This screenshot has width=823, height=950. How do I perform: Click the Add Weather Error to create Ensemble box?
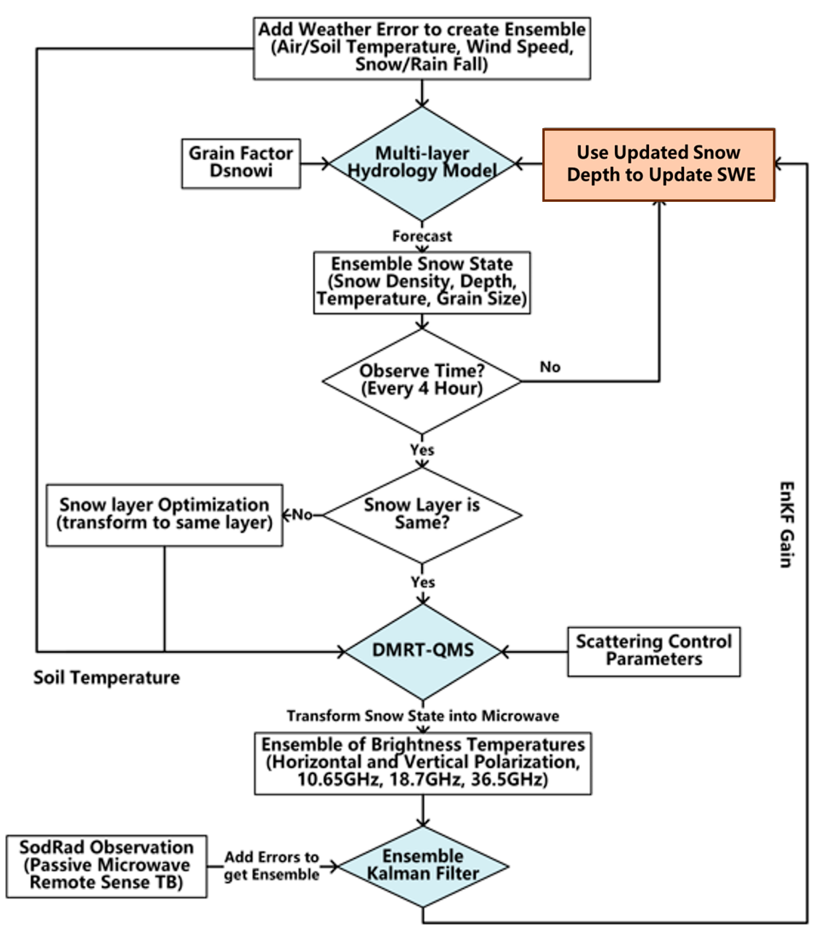point(421,48)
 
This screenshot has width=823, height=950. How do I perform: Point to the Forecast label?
point(421,236)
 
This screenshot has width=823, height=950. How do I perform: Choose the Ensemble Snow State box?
point(421,282)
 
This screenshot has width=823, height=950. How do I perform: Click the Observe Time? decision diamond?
point(421,381)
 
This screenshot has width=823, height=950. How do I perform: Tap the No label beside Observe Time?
point(550,367)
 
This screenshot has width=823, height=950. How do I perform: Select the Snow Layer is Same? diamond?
point(421,514)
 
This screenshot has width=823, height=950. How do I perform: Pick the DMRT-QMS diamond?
point(422,650)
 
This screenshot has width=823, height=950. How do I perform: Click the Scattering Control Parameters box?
point(653,651)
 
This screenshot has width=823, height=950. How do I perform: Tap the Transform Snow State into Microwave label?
point(422,715)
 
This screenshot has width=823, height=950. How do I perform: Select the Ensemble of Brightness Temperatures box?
point(422,763)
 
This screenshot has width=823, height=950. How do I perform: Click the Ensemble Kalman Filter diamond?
point(422,866)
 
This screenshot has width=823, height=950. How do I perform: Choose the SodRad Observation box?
point(107,866)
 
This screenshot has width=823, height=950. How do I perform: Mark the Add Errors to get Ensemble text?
point(271,866)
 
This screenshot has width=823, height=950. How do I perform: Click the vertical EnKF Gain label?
point(786,524)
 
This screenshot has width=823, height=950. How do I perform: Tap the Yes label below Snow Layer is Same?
point(422,582)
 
